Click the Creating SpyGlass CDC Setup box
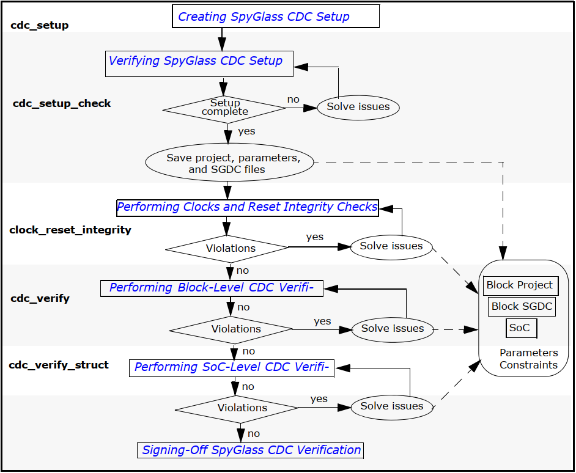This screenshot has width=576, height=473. click(275, 16)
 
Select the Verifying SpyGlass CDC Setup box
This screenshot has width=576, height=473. click(199, 63)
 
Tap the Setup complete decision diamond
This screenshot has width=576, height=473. click(224, 108)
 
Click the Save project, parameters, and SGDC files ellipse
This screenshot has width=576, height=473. click(230, 163)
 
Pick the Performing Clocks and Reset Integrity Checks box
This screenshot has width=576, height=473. click(248, 207)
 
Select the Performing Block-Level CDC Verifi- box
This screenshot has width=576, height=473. click(211, 288)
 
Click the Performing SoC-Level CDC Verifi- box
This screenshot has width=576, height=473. click(232, 367)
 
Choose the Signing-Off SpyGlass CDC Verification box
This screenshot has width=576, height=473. click(251, 450)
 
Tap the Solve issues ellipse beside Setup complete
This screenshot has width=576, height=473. click(358, 107)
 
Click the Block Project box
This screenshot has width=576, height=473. click(520, 285)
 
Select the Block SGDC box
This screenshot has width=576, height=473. click(522, 307)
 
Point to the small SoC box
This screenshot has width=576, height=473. click(521, 328)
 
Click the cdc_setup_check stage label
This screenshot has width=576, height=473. click(62, 104)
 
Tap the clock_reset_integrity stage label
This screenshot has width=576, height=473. click(70, 230)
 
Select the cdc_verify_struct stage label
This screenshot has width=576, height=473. click(59, 365)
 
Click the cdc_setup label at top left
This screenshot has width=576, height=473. click(40, 26)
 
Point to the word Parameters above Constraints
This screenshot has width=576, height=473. click(528, 353)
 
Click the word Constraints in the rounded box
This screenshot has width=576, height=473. click(528, 365)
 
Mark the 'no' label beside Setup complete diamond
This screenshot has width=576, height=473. click(294, 99)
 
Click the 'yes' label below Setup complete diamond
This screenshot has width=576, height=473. click(246, 131)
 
